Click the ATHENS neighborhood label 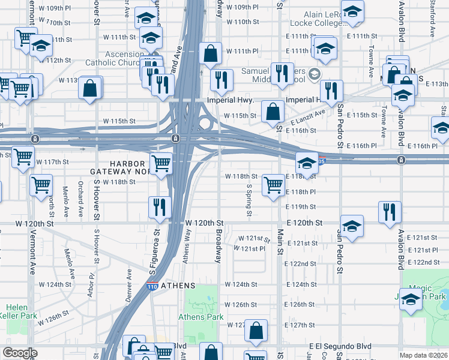(178, 284)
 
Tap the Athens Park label (200, 317)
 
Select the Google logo (20, 353)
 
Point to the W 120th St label (204, 223)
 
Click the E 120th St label (304, 223)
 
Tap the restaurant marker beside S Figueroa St (160, 208)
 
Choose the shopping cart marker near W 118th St (273, 185)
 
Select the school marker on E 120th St (352, 226)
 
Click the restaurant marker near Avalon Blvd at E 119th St (390, 211)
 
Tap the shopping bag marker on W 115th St (273, 111)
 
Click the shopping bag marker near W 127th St (256, 331)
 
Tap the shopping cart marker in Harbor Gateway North (161, 163)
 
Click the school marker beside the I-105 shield (306, 163)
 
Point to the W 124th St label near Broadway (241, 284)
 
